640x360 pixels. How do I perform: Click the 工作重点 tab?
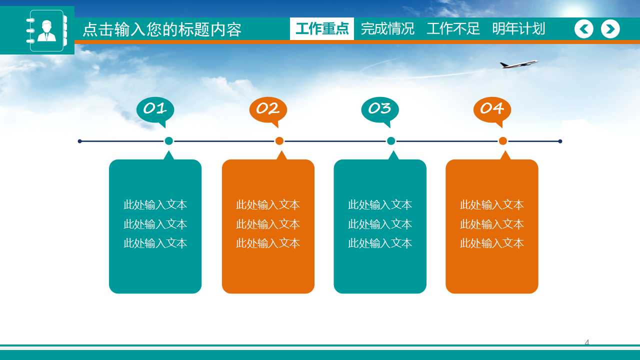coord(322,29)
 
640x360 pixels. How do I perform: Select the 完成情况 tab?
coord(387,29)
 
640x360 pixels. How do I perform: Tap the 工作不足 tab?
coord(453,29)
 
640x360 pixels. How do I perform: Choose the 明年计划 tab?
coord(518,29)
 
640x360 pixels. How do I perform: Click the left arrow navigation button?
coord(584,29)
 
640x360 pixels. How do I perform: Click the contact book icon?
coord(46,30)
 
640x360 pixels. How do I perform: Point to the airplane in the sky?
coord(518,64)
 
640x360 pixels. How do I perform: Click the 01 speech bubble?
coord(155,109)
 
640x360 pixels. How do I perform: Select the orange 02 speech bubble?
coord(268,109)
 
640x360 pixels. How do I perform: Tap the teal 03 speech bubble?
coord(380,109)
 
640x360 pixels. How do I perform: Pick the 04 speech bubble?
coord(492,109)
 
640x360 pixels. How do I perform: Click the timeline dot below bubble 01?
coord(169,141)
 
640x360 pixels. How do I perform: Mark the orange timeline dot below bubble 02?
coord(279,141)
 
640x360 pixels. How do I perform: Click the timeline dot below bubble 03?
coord(391,141)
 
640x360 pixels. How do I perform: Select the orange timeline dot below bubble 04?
coord(503,141)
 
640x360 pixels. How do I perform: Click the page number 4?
coord(587,342)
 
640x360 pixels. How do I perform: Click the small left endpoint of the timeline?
coord(80,141)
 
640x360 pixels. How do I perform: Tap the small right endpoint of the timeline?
coord(560,141)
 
